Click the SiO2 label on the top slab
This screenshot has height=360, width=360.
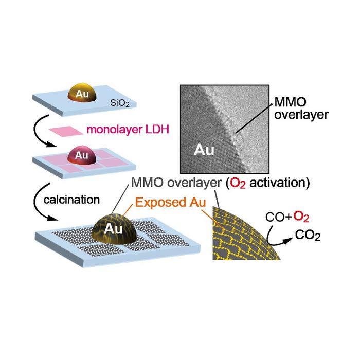(x=120, y=103)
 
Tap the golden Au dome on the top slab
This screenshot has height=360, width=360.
(x=82, y=93)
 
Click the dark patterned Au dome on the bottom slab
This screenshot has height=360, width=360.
(x=114, y=229)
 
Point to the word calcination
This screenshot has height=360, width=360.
(x=71, y=200)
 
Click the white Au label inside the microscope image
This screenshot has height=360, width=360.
(x=204, y=150)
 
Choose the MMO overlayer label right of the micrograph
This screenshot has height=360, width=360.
(x=301, y=109)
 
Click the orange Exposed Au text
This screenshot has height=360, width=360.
(x=170, y=202)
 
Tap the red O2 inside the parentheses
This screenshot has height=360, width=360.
(x=238, y=184)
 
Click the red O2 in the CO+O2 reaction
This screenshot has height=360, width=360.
(x=301, y=217)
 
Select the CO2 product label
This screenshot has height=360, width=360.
(x=308, y=236)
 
